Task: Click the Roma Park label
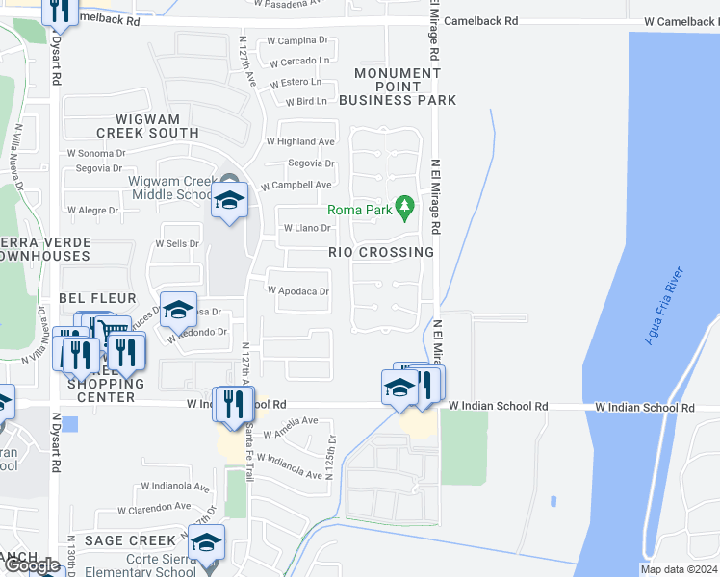pyautogui.click(x=358, y=209)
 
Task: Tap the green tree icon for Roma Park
pyautogui.click(x=405, y=205)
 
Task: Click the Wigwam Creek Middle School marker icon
pyautogui.click(x=229, y=200)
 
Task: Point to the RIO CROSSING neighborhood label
pyautogui.click(x=381, y=252)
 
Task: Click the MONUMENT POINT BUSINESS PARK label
pyautogui.click(x=404, y=87)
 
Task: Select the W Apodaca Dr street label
pyautogui.click(x=298, y=290)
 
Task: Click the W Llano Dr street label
pyautogui.click(x=307, y=229)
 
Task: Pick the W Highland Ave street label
pyautogui.click(x=299, y=141)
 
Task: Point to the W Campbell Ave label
pyautogui.click(x=298, y=185)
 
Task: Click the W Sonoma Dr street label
pyautogui.click(x=96, y=153)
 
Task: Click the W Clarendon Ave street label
pyautogui.click(x=154, y=507)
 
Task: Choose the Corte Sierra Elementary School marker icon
pyautogui.click(x=206, y=544)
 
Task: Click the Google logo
pyautogui.click(x=32, y=565)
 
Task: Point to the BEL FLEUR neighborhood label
pyautogui.click(x=97, y=299)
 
